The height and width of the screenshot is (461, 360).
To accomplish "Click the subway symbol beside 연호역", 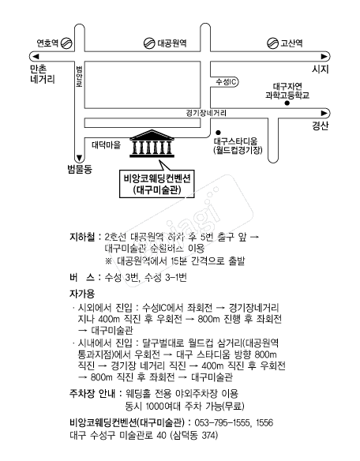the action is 66,43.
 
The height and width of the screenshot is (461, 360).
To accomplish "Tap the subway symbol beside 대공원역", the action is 149,43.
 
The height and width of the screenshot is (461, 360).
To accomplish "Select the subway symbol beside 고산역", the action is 272,43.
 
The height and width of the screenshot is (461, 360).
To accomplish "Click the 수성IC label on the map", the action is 226,82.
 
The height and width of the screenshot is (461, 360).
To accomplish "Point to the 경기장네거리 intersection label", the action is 206,113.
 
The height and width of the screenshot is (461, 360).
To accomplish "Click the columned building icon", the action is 152,144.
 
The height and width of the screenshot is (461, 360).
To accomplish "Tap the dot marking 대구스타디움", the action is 218,133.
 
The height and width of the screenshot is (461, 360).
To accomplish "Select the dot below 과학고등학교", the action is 287,103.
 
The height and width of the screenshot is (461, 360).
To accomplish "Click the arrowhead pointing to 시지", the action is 324,56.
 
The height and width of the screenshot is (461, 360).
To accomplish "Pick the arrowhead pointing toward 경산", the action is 324,113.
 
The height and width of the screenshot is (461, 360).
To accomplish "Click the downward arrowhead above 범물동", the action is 79,158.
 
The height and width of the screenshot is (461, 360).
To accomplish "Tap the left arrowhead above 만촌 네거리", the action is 36,56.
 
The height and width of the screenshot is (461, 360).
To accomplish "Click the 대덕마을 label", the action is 106,144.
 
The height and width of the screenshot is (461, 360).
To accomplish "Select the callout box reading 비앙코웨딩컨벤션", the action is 157,183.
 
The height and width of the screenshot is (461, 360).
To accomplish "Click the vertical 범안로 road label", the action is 79,77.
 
